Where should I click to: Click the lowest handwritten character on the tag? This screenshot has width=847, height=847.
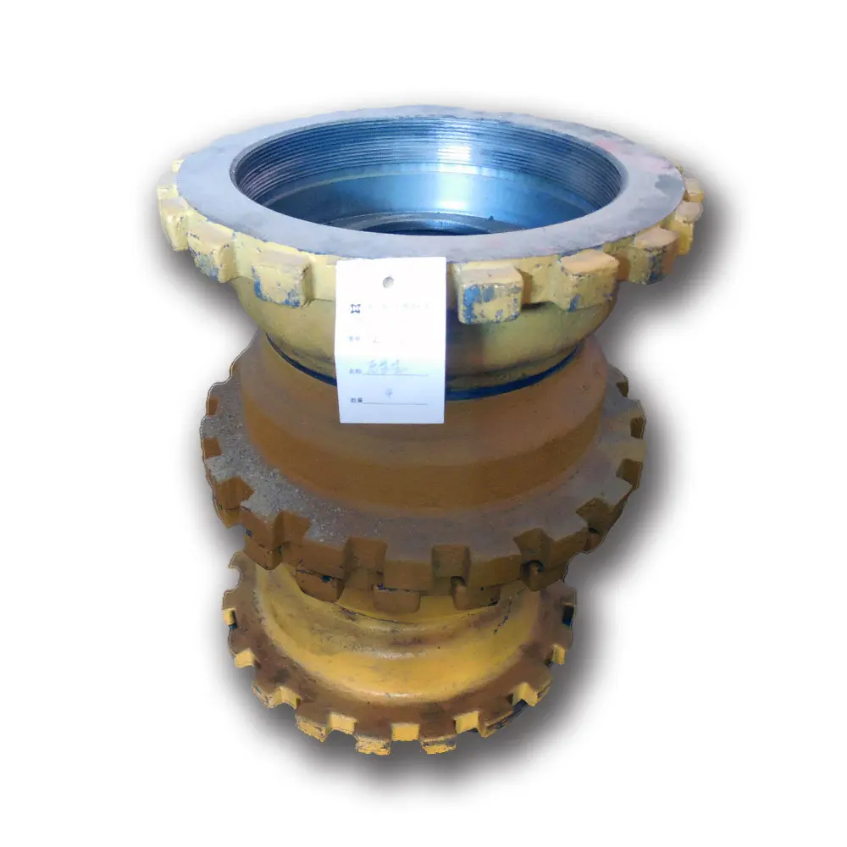(x=389, y=394)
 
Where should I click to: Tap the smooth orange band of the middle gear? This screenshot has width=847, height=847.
(x=423, y=457)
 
